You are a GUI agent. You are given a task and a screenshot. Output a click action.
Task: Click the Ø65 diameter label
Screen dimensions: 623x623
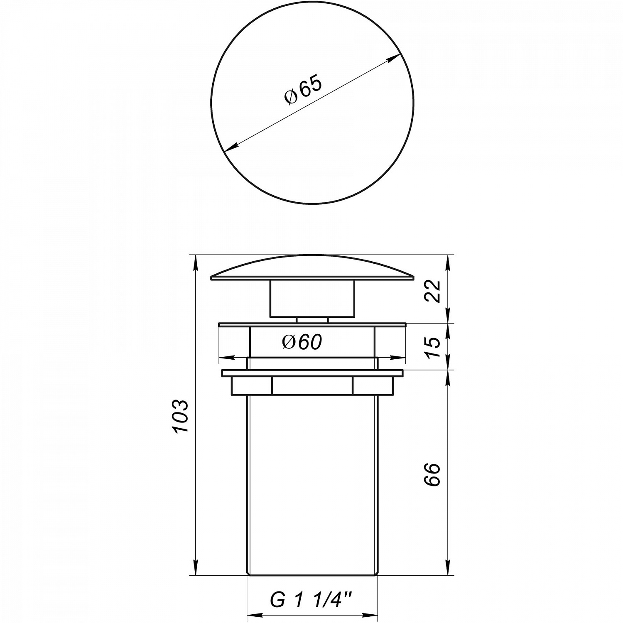(x=303, y=91)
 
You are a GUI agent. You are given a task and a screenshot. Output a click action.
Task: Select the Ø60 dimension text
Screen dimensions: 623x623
(x=302, y=342)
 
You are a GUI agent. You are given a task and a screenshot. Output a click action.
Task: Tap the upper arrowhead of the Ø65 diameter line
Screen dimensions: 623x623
(x=395, y=57)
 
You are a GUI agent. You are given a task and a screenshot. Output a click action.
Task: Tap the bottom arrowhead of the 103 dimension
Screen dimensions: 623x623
(x=195, y=569)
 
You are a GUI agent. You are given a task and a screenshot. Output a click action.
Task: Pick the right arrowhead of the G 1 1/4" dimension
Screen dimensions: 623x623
(x=372, y=616)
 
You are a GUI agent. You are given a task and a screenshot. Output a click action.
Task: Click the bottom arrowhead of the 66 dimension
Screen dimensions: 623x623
(x=448, y=569)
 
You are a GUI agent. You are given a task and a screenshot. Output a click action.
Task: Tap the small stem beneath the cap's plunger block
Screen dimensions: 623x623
(x=312, y=320)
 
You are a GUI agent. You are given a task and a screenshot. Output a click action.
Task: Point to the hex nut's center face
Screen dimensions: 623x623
(x=312, y=385)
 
